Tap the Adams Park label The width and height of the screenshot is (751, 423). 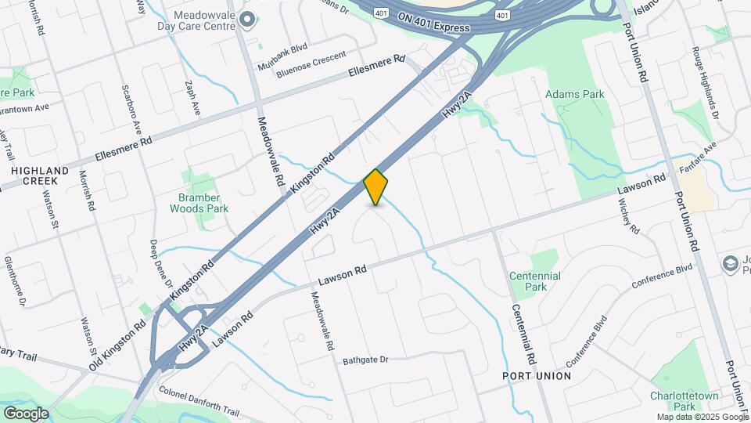coord(575,95)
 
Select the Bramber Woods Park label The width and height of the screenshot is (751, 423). coord(199,203)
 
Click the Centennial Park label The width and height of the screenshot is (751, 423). coord(534,281)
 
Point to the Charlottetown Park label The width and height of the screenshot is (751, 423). coord(684,401)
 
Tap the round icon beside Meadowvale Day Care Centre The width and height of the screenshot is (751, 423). coord(249,19)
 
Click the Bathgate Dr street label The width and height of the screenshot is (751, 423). coord(365,360)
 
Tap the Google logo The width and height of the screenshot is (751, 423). coord(26,413)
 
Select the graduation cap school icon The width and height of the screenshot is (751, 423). coord(731,264)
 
